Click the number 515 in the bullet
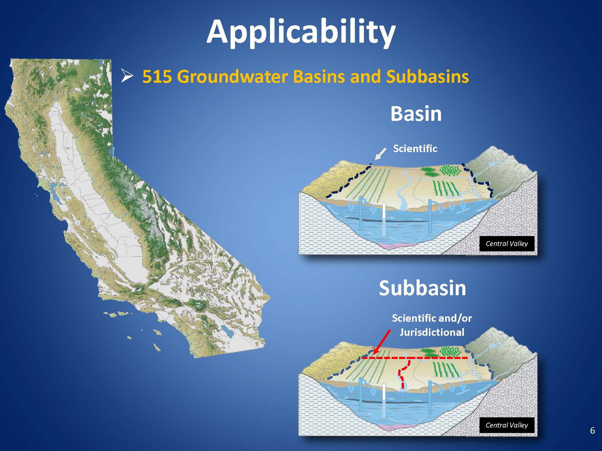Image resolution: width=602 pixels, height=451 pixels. [x=157, y=76]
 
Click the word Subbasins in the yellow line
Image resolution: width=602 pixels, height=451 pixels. [x=427, y=76]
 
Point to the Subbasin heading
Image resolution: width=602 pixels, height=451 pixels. [x=422, y=288]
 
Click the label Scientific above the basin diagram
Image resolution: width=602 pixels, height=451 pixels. [x=415, y=148]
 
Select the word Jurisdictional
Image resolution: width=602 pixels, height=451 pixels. [x=432, y=332]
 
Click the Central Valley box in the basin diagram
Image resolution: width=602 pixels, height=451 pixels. [x=507, y=244]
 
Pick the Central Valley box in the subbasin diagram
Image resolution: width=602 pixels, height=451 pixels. [x=507, y=425]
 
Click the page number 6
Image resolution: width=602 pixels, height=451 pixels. [x=592, y=431]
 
